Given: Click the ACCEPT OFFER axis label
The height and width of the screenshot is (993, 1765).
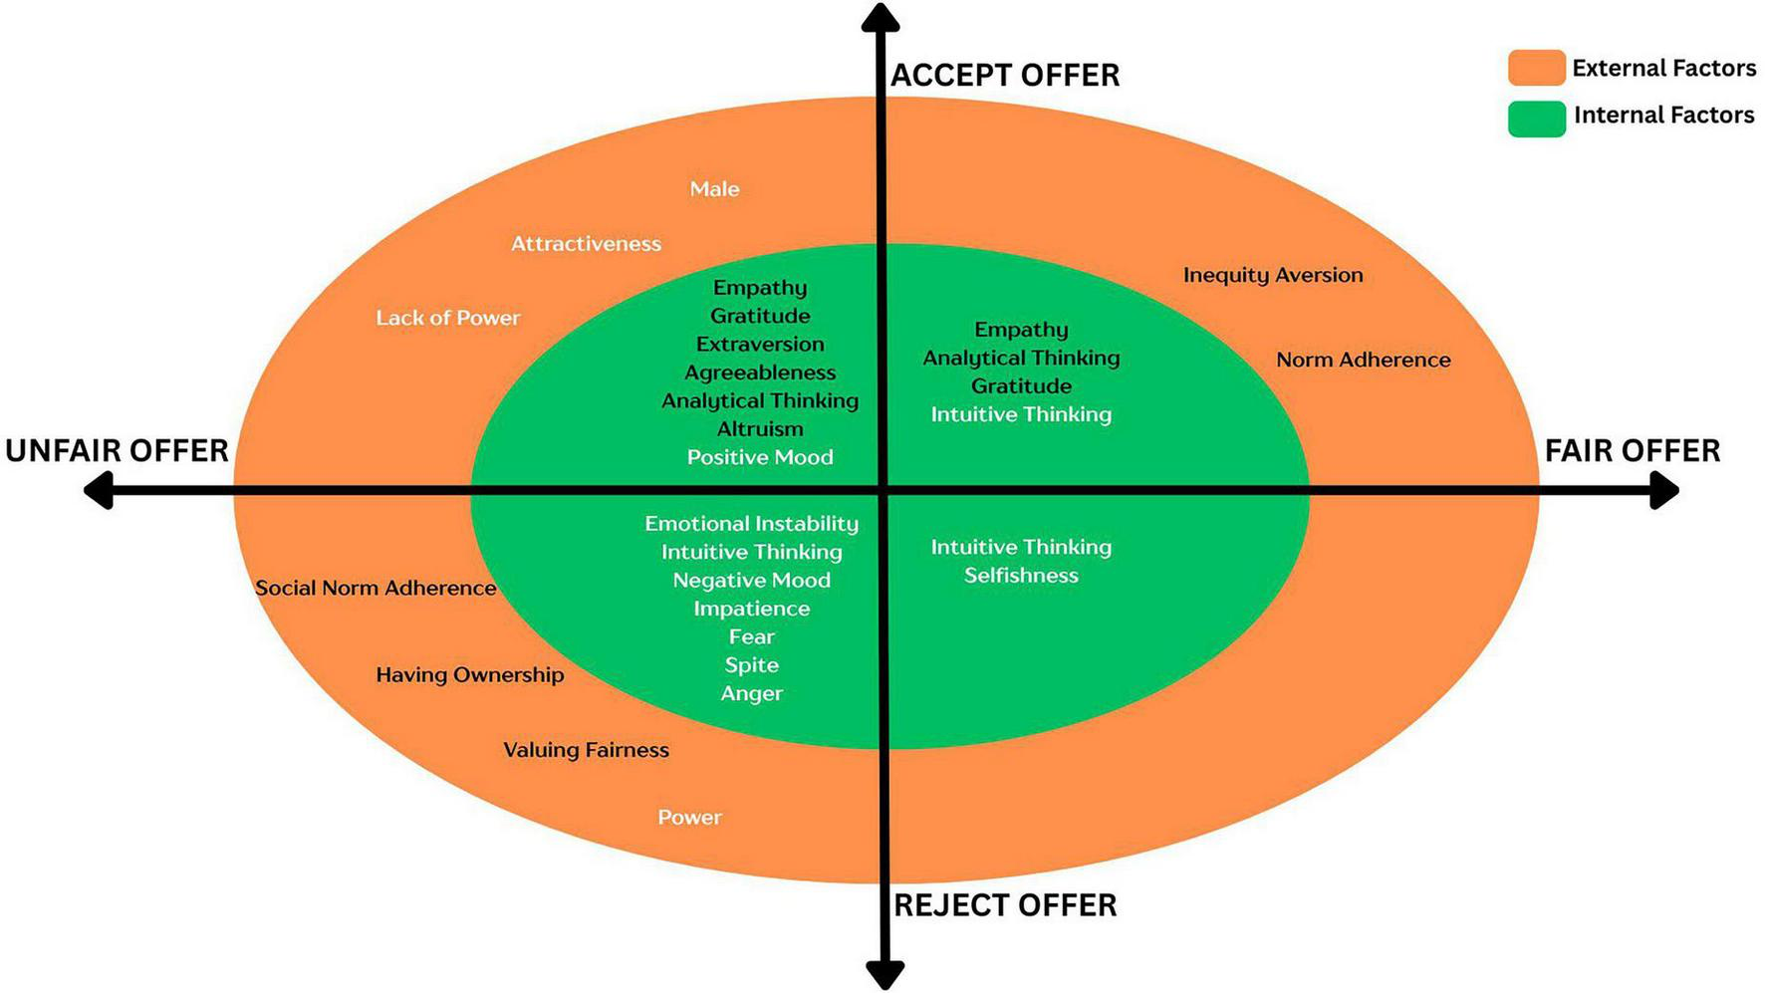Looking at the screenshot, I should (1004, 76).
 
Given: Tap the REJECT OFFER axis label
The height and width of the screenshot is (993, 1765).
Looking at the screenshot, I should (1004, 905).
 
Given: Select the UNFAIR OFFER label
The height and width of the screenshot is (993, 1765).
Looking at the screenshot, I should (117, 451).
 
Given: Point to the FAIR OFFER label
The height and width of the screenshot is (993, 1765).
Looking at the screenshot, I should (1632, 451).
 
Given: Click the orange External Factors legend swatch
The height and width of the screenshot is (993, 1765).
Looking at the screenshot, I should (1536, 68).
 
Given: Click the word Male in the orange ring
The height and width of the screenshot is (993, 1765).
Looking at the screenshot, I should (714, 189).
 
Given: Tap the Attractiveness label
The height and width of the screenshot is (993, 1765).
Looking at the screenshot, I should (586, 244).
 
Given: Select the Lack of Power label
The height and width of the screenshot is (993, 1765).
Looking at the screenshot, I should (447, 318).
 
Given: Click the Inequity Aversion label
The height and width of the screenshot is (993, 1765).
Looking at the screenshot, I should (1272, 275).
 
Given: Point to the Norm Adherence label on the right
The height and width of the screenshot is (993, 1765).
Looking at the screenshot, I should (1363, 360).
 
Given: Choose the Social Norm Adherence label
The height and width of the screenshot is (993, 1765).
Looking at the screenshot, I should (376, 588).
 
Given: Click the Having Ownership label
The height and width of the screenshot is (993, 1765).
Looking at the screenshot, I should (469, 674).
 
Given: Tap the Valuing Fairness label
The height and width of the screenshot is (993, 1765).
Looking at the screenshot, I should (586, 750).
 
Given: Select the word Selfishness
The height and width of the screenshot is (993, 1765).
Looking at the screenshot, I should (1021, 576).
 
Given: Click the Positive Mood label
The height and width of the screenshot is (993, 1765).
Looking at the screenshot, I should (759, 457).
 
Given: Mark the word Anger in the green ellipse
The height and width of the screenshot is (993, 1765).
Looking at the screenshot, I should (751, 693).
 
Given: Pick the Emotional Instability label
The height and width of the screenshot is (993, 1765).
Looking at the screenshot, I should (751, 523).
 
